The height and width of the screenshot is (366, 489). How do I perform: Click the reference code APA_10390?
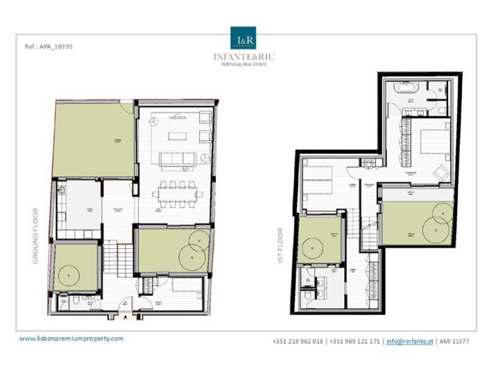(x=49, y=47)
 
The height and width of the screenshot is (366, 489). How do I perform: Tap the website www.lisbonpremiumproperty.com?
(x=71, y=338)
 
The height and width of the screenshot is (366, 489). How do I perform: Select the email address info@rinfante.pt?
(x=410, y=341)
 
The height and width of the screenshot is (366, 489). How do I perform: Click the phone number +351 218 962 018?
(x=298, y=341)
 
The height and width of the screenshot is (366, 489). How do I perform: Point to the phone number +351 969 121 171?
(x=355, y=341)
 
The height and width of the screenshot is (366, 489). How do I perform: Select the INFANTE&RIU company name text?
(x=243, y=57)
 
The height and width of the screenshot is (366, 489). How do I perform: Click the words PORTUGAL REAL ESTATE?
(x=243, y=65)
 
